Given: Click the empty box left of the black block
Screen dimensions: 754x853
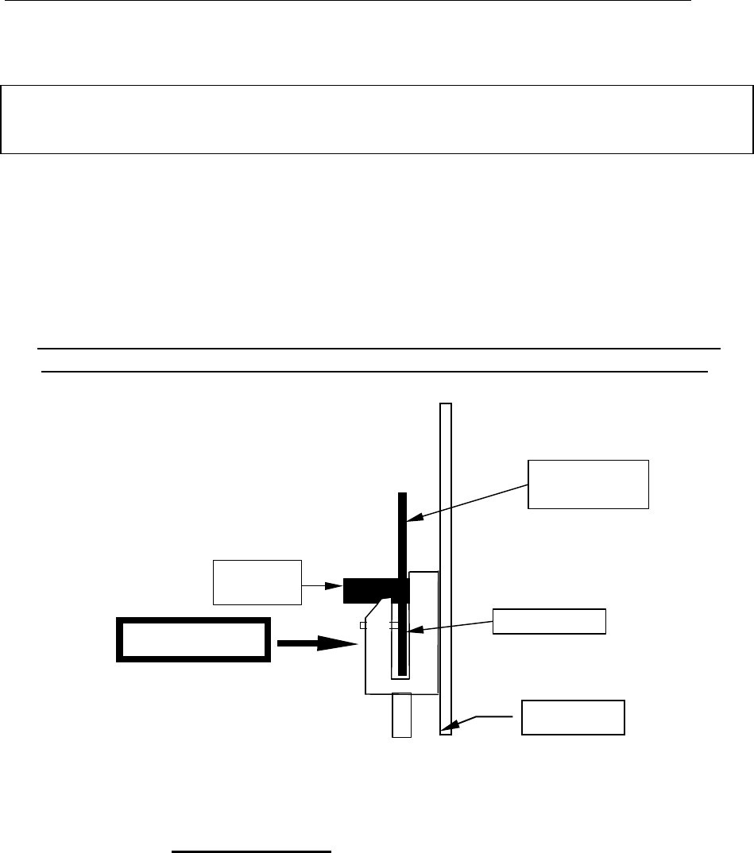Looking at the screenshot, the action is tap(257, 582).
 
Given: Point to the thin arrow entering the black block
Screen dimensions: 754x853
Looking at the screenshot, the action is tap(323, 587).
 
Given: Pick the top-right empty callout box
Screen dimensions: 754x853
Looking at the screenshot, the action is tap(589, 483).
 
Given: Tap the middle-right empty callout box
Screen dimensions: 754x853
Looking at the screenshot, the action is tap(549, 621).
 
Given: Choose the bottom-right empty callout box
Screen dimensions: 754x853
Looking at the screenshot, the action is tap(573, 717).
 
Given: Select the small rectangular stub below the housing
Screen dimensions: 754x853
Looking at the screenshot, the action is tap(402, 715).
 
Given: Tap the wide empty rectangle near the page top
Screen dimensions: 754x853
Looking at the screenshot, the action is tap(377, 118).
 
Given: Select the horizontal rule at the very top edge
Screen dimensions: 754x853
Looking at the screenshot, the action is tap(346, 1).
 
